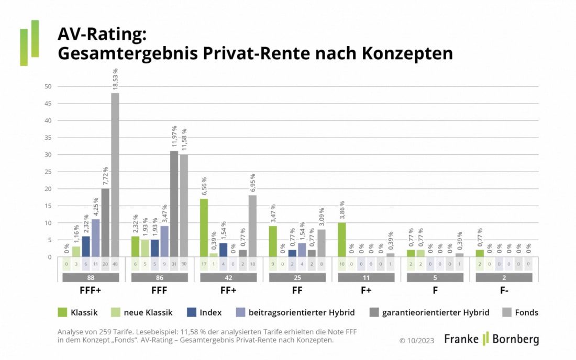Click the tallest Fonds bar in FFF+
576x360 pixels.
point(115,175)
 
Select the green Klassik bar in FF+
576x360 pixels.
point(204,228)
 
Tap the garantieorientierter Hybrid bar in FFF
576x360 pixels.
point(174,204)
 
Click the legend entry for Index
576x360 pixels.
point(204,312)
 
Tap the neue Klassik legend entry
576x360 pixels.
point(141,312)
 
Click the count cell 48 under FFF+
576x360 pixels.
point(115,264)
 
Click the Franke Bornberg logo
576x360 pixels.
point(491,339)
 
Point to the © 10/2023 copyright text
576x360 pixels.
point(417,340)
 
